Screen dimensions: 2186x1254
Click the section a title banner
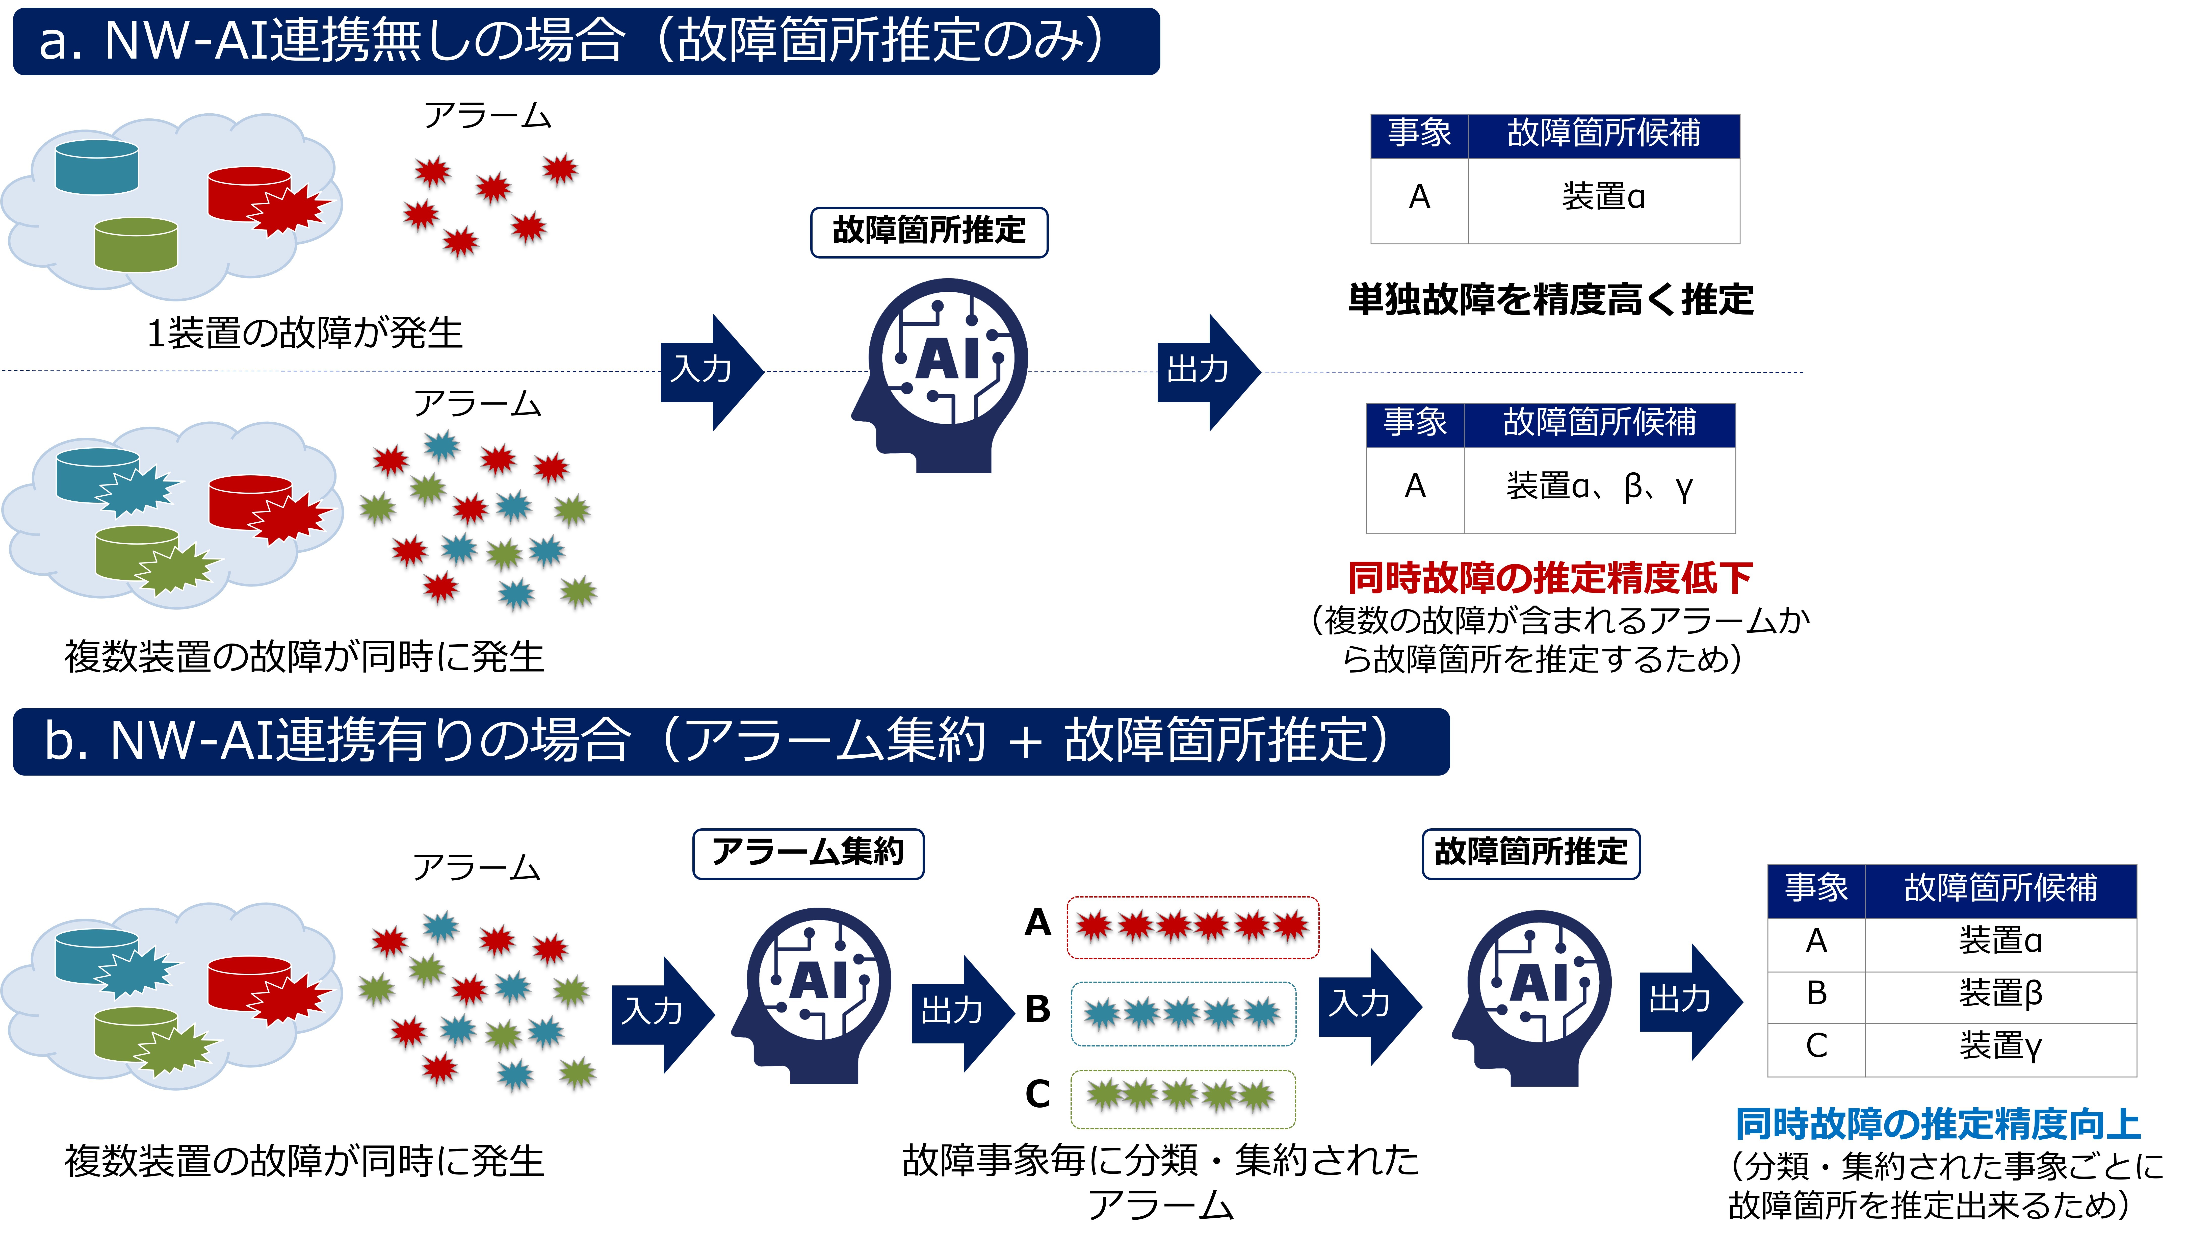point(586,41)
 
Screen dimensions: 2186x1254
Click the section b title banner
point(731,741)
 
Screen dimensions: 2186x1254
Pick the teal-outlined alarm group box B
point(1184,1014)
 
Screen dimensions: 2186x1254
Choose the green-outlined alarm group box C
point(1184,1099)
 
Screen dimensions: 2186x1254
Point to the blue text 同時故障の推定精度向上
point(1937,1124)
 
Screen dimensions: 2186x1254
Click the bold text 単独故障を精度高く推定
point(1551,300)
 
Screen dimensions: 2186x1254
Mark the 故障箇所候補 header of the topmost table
point(1603,135)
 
